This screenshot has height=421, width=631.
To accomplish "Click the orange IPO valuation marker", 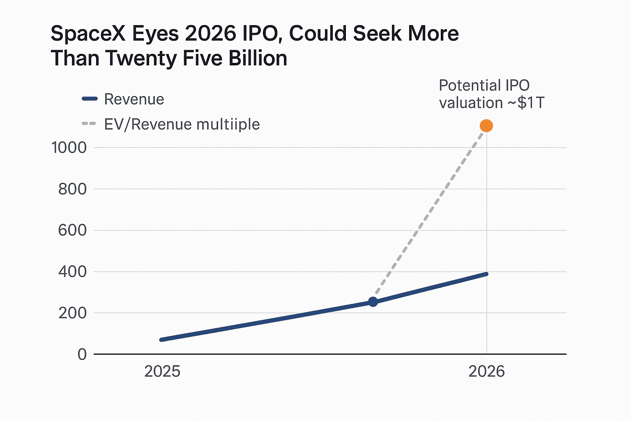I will pos(486,126).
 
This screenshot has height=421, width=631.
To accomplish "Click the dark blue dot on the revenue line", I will pos(373,302).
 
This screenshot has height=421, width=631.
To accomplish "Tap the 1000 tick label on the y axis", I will pos(69,148).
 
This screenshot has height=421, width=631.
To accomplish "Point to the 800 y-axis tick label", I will pos(72,189).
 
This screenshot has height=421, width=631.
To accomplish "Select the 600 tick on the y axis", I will pos(72,230).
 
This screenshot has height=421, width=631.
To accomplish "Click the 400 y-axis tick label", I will pos(72,272).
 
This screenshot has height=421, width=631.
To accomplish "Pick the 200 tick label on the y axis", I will pos(72,313).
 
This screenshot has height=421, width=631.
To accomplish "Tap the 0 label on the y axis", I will pos(82,354).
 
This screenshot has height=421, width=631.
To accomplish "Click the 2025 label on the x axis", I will pos(162,371).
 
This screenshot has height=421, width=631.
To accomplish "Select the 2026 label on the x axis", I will pos(486,371).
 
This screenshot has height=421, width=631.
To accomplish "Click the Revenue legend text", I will pos(134,99).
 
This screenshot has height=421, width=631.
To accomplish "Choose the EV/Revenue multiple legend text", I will pos(182,124).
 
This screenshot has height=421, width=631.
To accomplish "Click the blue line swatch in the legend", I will pos(90,99).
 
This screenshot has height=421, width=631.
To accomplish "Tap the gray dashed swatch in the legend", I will pos(89,124).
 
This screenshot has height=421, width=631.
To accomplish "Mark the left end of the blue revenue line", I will pos(161,340).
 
